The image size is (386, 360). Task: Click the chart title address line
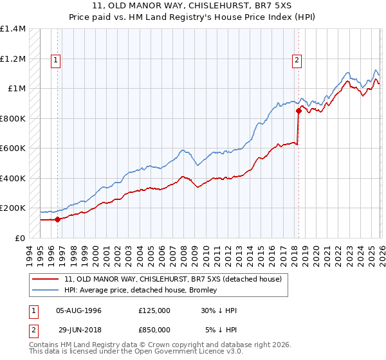tap(193, 6)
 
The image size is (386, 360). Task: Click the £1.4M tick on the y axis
tap(13, 29)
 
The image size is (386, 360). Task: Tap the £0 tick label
tap(21, 238)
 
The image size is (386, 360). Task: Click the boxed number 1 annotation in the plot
tap(56, 60)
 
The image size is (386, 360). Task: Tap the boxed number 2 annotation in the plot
tap(297, 60)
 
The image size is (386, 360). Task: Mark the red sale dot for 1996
tap(57, 219)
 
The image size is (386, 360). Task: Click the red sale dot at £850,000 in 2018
tap(299, 111)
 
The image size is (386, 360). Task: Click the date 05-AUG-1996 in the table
tap(78, 310)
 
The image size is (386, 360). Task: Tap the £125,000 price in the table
tap(154, 310)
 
